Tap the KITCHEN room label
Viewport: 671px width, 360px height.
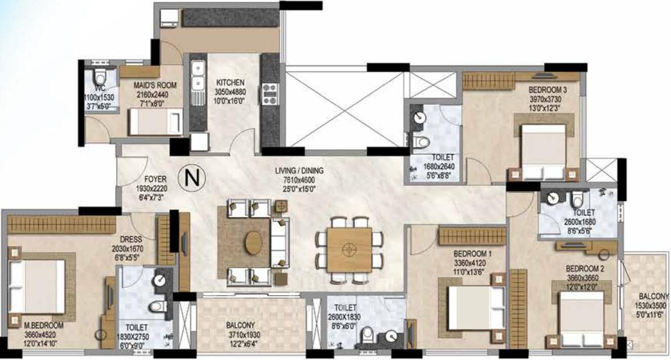tap(230, 82)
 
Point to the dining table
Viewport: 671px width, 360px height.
tap(349, 249)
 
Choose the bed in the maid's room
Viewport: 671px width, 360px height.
tap(156, 121)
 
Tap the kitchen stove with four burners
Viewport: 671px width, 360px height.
tap(270, 94)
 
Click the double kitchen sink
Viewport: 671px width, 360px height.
tap(198, 75)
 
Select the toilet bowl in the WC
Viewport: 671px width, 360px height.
tap(100, 76)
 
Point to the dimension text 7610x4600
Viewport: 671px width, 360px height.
tap(300, 180)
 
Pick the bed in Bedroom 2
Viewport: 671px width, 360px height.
tap(581, 319)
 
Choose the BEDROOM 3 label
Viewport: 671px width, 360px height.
tap(548, 90)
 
